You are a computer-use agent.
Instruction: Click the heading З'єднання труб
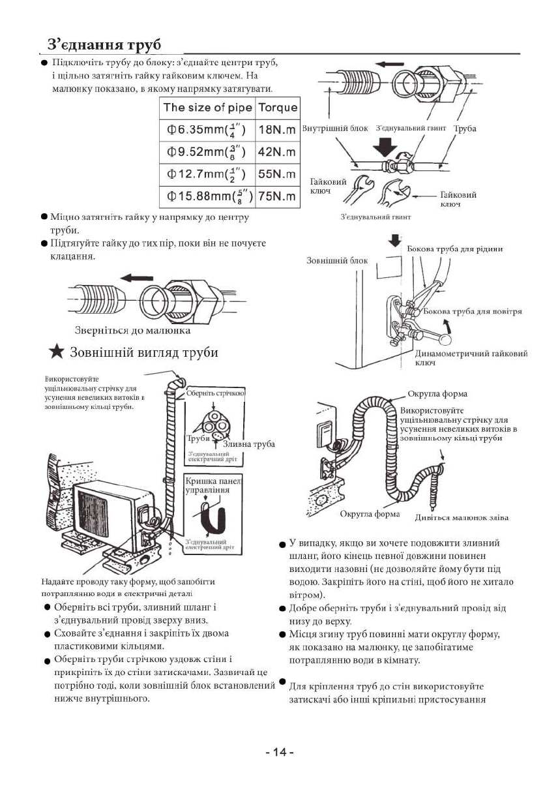tap(104, 45)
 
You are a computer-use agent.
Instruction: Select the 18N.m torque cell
tap(278, 130)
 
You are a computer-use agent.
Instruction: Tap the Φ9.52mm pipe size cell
tap(207, 152)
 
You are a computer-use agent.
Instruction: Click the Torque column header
tap(278, 108)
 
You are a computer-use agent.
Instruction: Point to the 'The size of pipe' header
tap(207, 108)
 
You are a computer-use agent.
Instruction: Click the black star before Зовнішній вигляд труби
tap(57, 353)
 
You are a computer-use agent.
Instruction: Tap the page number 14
tap(280, 753)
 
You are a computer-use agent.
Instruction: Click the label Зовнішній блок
tap(337, 260)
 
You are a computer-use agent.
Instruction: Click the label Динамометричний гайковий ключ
tap(471, 357)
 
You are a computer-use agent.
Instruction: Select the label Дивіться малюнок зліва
tap(462, 517)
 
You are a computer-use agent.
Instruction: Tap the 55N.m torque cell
tap(278, 174)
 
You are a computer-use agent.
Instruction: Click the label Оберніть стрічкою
tap(215, 393)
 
